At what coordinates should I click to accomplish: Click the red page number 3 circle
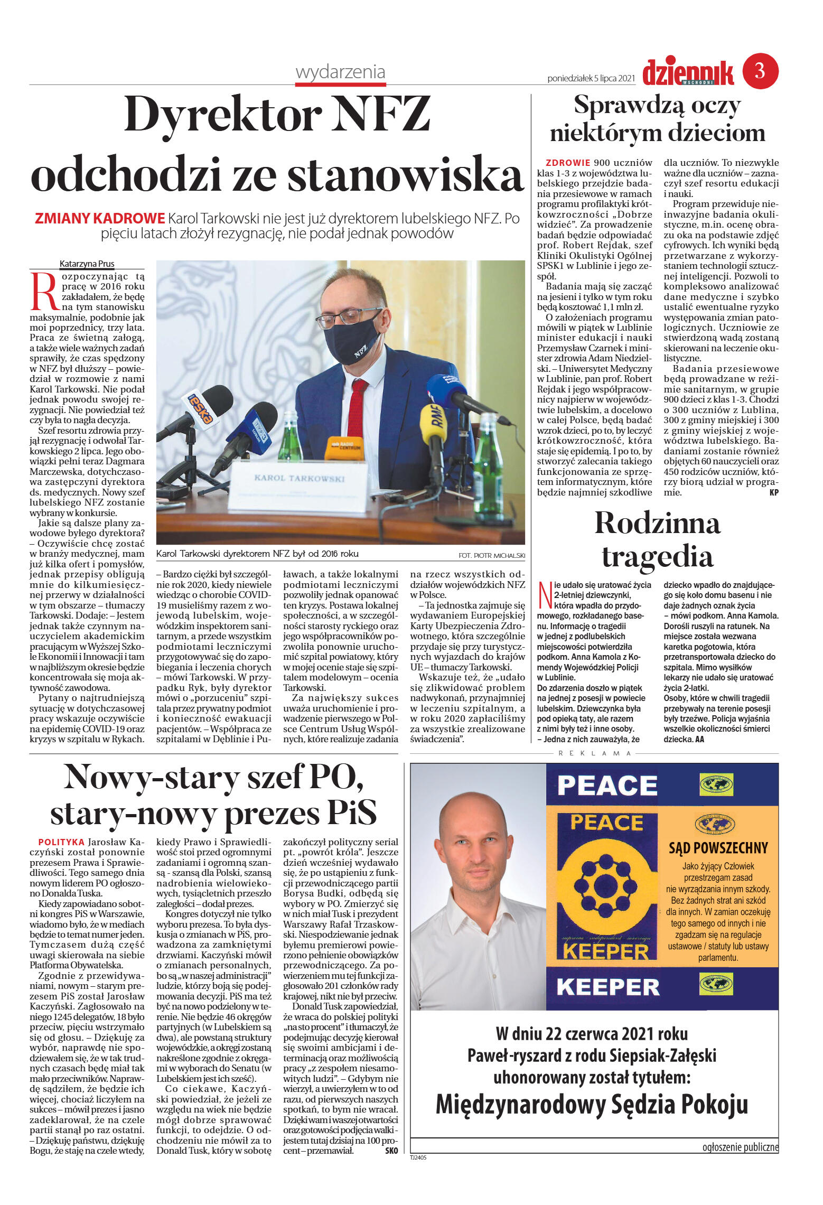click(760, 71)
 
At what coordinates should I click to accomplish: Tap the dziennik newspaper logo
click(688, 73)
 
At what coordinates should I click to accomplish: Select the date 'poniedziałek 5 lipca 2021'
click(591, 78)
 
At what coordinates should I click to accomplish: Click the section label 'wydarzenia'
click(340, 72)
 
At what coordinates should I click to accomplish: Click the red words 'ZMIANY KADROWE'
click(100, 218)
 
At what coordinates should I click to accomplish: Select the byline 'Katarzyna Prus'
click(87, 264)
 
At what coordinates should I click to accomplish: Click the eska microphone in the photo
click(203, 408)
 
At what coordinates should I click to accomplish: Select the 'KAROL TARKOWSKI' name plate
click(300, 479)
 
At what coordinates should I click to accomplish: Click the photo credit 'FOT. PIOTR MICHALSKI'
click(492, 555)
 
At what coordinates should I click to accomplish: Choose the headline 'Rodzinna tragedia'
click(657, 539)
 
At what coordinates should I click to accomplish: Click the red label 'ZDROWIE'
click(567, 163)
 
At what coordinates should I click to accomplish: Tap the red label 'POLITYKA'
click(61, 842)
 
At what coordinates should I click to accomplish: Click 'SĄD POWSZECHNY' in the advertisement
click(718, 848)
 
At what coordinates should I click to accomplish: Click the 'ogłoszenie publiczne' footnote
click(740, 1147)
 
